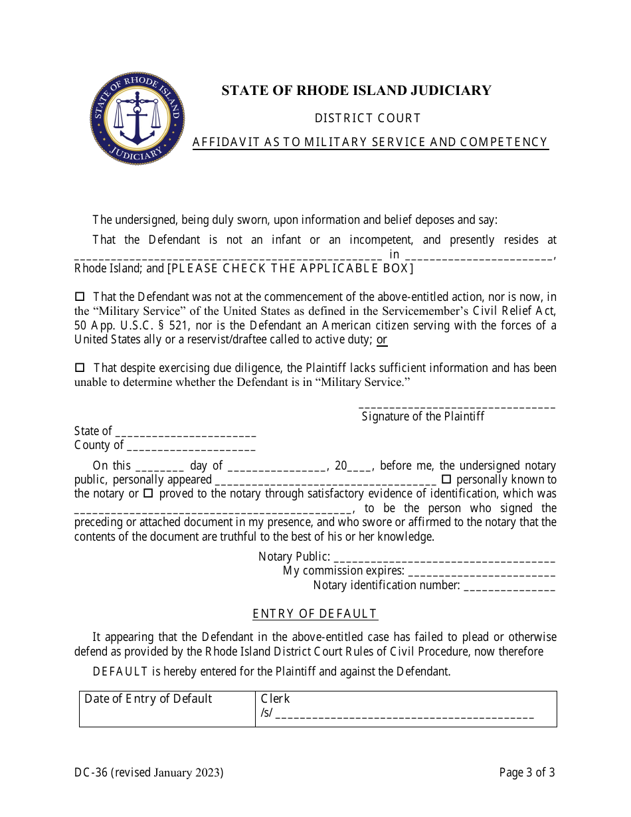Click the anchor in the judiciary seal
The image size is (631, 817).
(x=137, y=120)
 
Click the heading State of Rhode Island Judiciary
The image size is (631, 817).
(x=356, y=90)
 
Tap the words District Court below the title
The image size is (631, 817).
(x=367, y=118)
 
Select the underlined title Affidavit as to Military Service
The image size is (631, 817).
(x=370, y=142)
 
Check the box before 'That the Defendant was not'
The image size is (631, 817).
(x=80, y=297)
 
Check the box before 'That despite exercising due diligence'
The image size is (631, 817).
(x=80, y=367)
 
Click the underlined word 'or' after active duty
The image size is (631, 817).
(x=382, y=340)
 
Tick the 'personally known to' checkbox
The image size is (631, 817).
(x=446, y=479)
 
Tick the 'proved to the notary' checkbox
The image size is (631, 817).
(x=148, y=494)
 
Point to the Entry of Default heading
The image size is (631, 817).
(x=315, y=614)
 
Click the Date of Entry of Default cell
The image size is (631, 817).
(x=167, y=709)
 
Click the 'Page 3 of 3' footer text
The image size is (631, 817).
(x=527, y=772)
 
